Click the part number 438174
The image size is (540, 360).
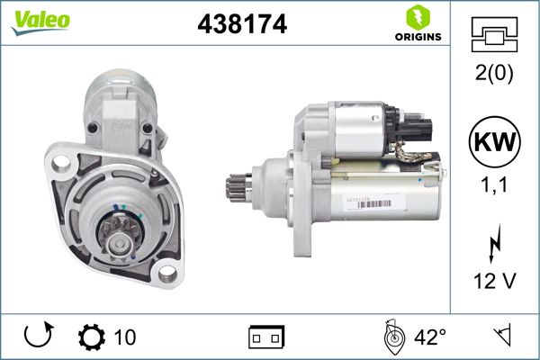pyautogui.click(x=241, y=26)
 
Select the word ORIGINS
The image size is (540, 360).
pyautogui.click(x=417, y=37)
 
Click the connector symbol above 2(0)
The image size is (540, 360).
pyautogui.click(x=494, y=34)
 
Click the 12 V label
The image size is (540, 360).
pyautogui.click(x=494, y=281)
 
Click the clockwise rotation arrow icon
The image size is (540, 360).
pyautogui.click(x=38, y=337)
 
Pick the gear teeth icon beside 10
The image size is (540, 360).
pyautogui.click(x=93, y=337)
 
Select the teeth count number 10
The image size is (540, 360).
pyautogui.click(x=125, y=337)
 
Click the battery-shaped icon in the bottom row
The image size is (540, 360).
pyautogui.click(x=265, y=338)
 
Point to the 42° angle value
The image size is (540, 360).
pyautogui.click(x=429, y=337)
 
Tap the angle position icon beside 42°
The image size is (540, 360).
pyautogui.click(x=391, y=337)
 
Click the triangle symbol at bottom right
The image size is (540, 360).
pyautogui.click(x=501, y=337)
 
